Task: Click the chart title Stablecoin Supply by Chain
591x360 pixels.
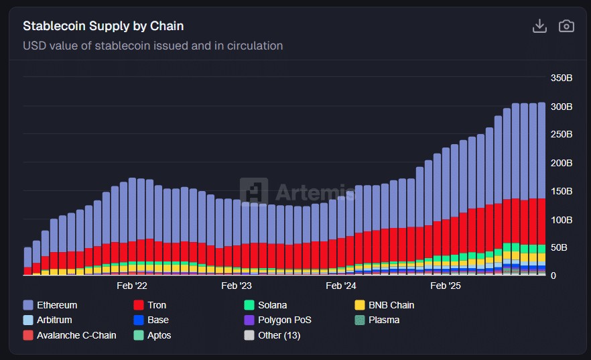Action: [x=103, y=26]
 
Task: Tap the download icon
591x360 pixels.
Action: [x=539, y=26]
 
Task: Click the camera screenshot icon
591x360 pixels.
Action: [x=566, y=26]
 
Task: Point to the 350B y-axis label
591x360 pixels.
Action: [x=562, y=78]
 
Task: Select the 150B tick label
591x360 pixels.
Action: [x=562, y=191]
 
